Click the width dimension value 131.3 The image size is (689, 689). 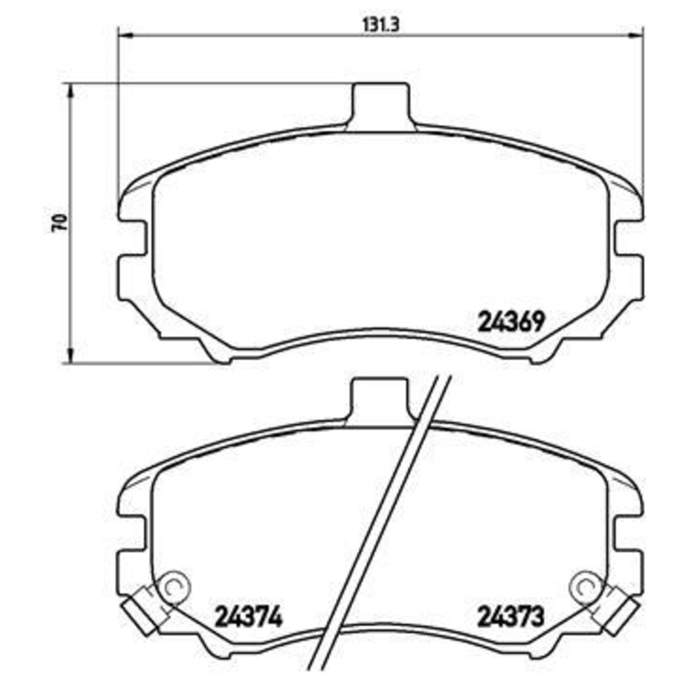(380, 25)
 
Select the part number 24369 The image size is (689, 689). (509, 322)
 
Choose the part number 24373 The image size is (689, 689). (509, 618)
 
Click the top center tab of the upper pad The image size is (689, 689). (379, 102)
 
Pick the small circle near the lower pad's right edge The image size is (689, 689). (587, 587)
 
